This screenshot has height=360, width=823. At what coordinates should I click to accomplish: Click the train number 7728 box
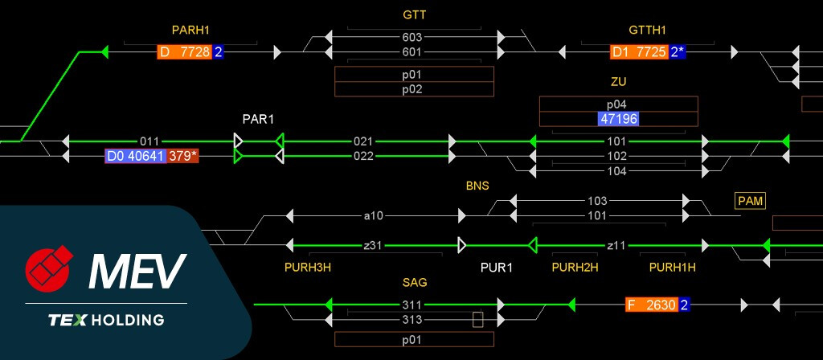(x=185, y=52)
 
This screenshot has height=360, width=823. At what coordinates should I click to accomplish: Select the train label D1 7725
(x=639, y=52)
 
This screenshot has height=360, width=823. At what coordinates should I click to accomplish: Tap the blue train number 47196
(x=618, y=119)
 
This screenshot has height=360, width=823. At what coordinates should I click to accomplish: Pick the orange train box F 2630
(x=652, y=305)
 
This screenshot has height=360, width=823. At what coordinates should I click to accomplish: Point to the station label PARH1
(x=190, y=31)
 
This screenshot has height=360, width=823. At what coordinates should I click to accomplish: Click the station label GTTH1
(x=648, y=31)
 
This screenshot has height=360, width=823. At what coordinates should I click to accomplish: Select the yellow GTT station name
(x=416, y=15)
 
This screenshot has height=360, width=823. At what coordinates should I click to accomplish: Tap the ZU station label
(x=618, y=82)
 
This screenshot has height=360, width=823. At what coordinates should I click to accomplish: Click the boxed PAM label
(x=750, y=199)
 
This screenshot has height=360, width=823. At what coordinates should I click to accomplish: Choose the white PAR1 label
(x=259, y=119)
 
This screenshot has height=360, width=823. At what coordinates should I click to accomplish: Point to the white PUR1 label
(x=496, y=267)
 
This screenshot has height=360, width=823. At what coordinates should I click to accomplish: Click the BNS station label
(x=477, y=186)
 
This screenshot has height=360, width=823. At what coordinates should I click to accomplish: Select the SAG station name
(x=415, y=283)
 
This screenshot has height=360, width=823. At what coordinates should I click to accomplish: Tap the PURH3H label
(x=308, y=267)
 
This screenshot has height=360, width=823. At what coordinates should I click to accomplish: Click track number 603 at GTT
(x=412, y=37)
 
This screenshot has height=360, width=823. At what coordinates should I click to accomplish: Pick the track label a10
(x=374, y=215)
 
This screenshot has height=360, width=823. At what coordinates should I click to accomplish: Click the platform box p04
(x=617, y=104)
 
